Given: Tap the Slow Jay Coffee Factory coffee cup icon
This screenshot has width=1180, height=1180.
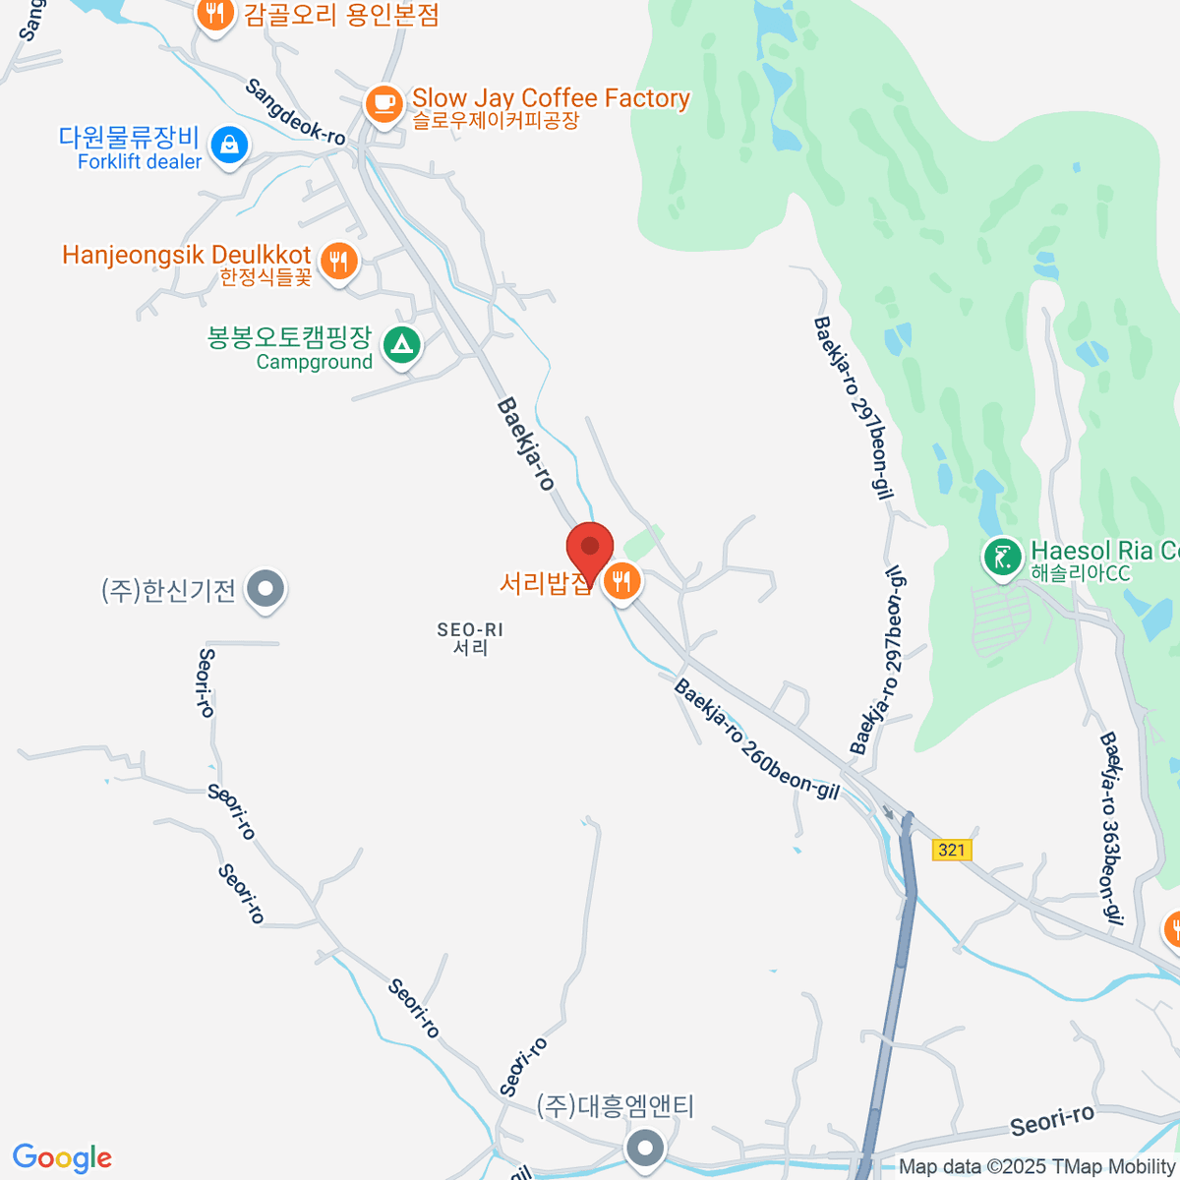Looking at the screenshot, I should click(x=383, y=102).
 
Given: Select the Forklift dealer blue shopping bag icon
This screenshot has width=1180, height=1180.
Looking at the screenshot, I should click(x=229, y=145).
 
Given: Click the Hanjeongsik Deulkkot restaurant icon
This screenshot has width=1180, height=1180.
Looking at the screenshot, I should click(x=339, y=262).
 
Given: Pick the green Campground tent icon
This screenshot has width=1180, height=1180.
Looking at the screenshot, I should click(x=401, y=345).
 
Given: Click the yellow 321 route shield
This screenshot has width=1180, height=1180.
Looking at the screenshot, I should click(x=951, y=850).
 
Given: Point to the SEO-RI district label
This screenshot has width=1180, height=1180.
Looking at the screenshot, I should click(x=470, y=638).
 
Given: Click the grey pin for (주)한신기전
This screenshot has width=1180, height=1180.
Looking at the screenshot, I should click(x=265, y=589).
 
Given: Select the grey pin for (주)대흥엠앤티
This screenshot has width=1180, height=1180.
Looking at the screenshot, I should click(x=645, y=1147).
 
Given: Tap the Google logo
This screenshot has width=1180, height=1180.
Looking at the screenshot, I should click(x=62, y=1158).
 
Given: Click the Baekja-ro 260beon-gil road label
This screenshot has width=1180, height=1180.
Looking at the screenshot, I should click(x=756, y=738).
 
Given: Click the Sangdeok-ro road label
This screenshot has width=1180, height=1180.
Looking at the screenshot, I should click(x=295, y=112).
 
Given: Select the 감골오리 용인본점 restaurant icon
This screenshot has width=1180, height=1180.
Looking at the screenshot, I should click(x=214, y=14).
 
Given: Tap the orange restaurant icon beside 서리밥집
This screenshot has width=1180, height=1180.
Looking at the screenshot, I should click(x=621, y=581).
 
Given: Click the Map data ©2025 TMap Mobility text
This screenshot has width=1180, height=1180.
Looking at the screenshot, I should click(x=1036, y=1167).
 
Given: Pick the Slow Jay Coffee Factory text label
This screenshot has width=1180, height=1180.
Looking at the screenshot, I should click(x=551, y=98).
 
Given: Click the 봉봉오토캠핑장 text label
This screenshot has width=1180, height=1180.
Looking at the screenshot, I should click(x=289, y=337).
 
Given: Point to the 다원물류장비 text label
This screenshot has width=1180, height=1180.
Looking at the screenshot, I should click(x=129, y=138).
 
